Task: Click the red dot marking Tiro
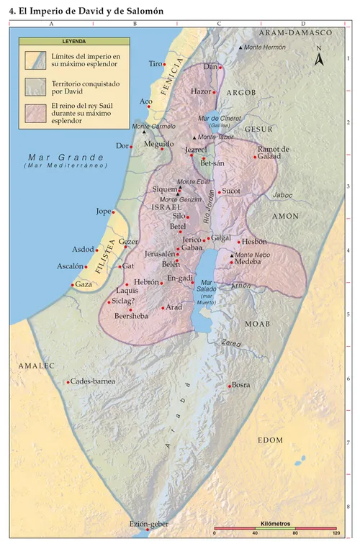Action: [x=165, y=65]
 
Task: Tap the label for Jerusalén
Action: [x=159, y=254]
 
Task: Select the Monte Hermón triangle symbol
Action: [x=240, y=47]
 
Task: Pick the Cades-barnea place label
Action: [x=93, y=381]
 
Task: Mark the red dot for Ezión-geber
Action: [x=148, y=532]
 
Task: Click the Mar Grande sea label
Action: [x=57, y=158]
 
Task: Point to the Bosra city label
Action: [x=241, y=385]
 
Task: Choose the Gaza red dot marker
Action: [x=72, y=285]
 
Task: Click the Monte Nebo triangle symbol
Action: [x=231, y=255]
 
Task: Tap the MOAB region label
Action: [x=258, y=324]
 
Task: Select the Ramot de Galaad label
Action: [x=273, y=153]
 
